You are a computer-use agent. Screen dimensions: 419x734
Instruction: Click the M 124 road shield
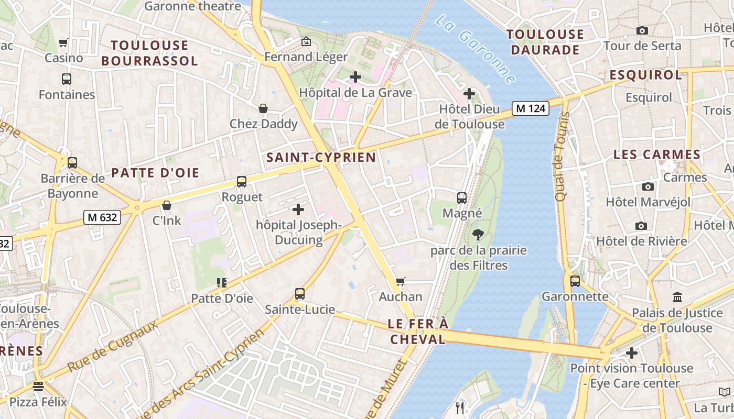coord(530,108)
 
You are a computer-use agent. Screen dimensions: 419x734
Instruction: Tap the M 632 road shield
coord(102,217)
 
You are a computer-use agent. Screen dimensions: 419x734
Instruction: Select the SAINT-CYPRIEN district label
coord(321,157)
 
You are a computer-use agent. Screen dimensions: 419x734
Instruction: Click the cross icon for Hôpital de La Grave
coord(355,77)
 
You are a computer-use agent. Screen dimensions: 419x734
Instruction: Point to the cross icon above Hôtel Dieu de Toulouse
coord(469,94)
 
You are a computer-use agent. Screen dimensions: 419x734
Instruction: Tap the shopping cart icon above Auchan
coord(401,282)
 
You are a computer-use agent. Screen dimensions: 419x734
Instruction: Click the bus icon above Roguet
coord(242,182)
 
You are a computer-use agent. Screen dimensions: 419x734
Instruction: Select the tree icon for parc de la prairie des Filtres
coord(478,234)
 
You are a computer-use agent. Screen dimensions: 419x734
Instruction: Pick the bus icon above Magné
coord(462,198)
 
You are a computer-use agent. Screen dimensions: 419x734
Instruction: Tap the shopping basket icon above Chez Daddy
coord(263,108)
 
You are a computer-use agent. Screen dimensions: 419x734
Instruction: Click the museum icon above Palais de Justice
coord(677,297)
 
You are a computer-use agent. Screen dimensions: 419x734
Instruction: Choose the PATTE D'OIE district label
coord(155,173)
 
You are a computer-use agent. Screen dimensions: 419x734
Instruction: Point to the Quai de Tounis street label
coord(562,156)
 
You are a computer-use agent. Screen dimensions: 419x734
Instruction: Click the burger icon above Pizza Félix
coord(38,387)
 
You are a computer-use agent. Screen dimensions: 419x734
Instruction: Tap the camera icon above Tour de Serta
coord(642,30)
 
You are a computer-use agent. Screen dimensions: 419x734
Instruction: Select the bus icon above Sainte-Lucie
coord(300,294)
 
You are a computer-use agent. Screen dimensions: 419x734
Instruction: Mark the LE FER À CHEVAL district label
coord(418,332)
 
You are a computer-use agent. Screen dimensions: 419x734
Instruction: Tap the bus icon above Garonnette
coord(575,281)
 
